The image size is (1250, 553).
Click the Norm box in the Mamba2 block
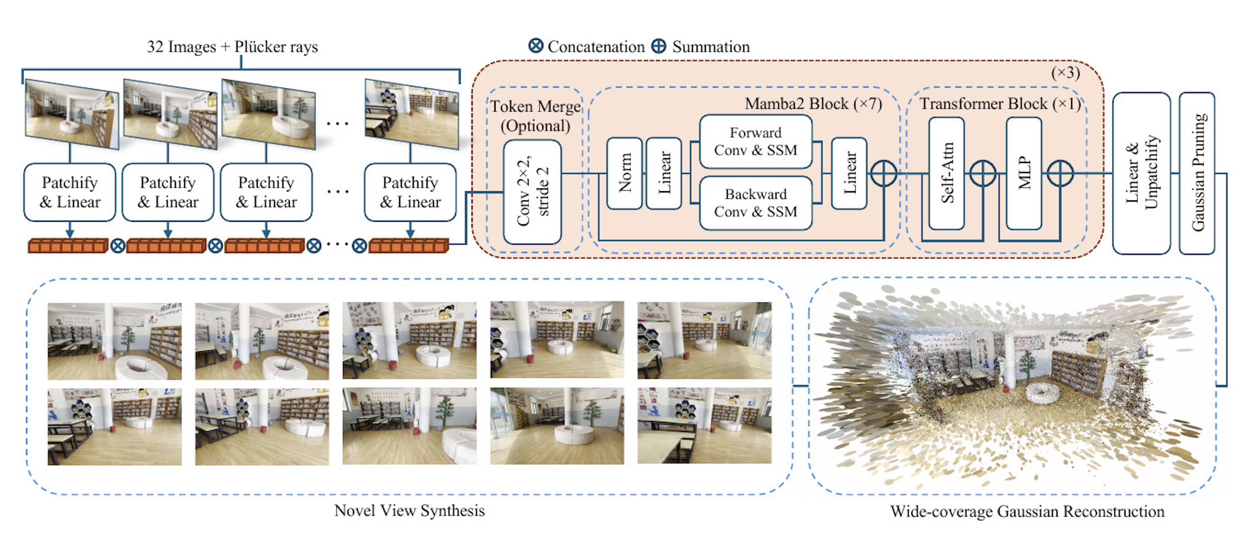(625, 173)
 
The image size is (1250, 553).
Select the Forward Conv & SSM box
(756, 141)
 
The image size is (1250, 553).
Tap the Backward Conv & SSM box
(756, 203)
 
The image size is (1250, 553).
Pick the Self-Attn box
(946, 173)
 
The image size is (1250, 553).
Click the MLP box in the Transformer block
(1024, 173)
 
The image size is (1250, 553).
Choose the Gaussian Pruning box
(1197, 173)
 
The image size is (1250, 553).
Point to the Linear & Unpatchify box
(1141, 173)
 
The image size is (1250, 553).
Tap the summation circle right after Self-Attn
(983, 173)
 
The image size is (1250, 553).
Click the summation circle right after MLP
(1060, 173)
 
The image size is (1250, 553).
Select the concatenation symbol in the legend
(536, 46)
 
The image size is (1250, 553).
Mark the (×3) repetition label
(1066, 73)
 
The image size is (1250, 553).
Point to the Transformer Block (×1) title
(1000, 104)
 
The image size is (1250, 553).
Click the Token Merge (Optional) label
(535, 116)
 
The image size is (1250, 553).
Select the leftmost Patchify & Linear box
(70, 192)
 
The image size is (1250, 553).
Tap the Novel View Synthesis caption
(409, 510)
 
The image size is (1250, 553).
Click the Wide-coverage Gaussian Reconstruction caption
(1027, 511)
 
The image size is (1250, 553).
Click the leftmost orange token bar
(68, 246)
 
